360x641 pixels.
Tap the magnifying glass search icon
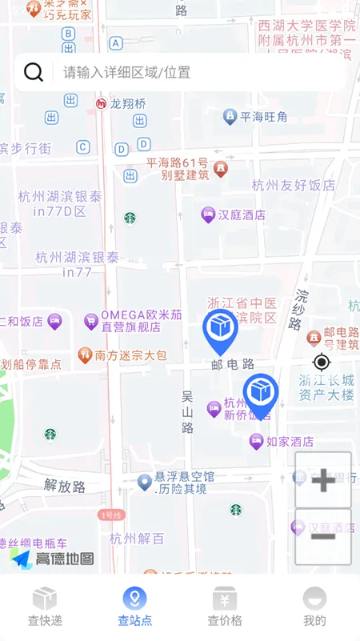click(34, 72)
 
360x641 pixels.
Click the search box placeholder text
click(127, 72)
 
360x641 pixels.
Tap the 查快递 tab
click(45, 607)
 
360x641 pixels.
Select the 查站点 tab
click(134, 607)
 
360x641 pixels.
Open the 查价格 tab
click(225, 607)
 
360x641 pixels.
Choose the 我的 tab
click(314, 607)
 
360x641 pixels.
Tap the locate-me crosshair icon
click(322, 362)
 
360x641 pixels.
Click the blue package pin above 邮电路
click(220, 331)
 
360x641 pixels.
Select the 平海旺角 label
click(263, 117)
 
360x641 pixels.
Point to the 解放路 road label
click(64, 484)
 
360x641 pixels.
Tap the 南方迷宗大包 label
click(130, 355)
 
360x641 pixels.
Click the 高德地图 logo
click(53, 559)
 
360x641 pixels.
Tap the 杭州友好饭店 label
click(294, 185)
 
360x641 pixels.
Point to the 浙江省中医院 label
click(242, 310)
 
